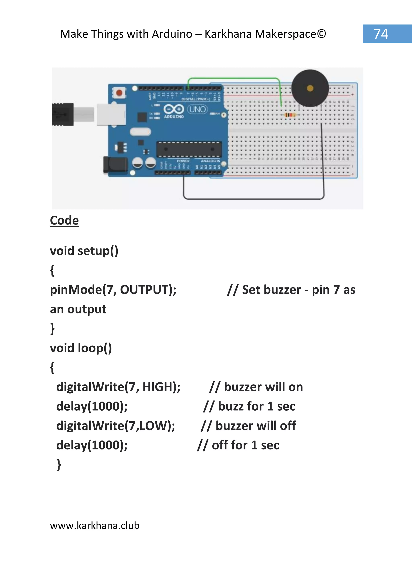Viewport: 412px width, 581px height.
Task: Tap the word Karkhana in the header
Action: coord(228,34)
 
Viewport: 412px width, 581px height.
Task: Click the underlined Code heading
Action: coord(64,220)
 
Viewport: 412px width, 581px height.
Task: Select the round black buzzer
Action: coord(310,88)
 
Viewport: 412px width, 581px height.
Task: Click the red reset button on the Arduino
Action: coord(119,93)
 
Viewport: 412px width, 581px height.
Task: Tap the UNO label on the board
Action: coord(197,109)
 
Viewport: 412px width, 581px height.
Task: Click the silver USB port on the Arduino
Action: coord(111,114)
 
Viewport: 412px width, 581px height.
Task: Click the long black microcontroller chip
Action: coord(189,149)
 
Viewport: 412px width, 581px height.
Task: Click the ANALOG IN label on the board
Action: coord(210,161)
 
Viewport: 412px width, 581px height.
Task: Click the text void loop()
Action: coord(81,348)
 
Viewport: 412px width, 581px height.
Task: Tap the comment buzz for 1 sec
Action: coord(256,406)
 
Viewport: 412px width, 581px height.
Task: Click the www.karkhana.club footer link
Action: coord(95,525)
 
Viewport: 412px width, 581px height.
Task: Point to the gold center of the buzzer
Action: coord(310,88)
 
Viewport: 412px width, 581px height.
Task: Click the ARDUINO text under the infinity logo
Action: coord(174,117)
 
